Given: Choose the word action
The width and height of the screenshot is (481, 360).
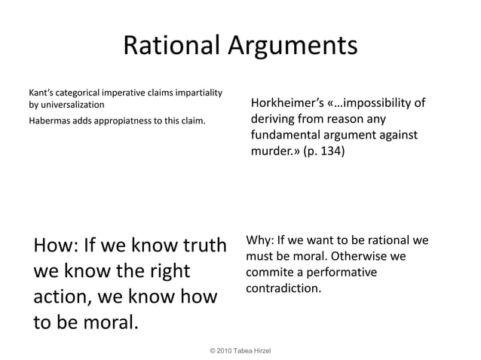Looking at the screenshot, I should click(65, 296).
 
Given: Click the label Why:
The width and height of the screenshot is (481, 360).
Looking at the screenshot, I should click(259, 242).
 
